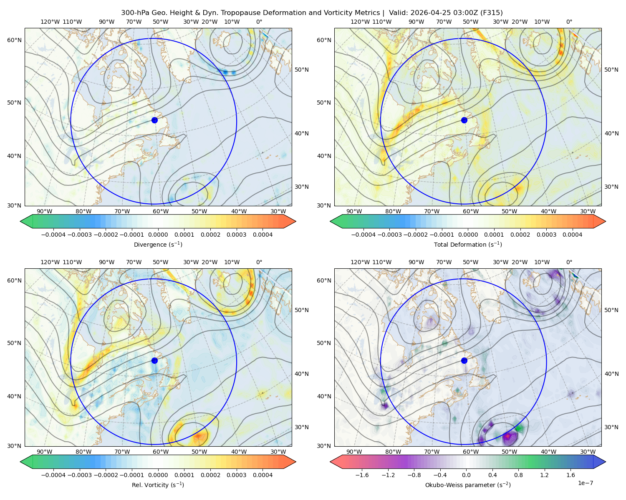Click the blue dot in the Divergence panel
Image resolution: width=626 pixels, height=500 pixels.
pos(154,120)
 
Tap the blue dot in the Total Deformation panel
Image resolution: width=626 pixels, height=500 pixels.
pos(464,120)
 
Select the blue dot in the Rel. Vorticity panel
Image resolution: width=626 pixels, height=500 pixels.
pos(154,360)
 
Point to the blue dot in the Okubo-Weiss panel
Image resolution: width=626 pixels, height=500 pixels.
pos(464,360)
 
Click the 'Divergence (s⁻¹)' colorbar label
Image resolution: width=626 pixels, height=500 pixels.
pos(158,244)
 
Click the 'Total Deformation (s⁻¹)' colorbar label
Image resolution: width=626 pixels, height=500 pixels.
pos(468,244)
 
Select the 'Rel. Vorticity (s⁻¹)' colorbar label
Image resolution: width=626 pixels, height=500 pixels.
pos(158,485)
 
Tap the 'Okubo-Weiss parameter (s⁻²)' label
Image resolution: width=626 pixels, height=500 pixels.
pos(468,485)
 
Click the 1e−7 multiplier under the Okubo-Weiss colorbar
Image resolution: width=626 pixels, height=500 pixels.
pos(585,483)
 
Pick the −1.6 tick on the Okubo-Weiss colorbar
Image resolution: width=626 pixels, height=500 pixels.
pos(362,475)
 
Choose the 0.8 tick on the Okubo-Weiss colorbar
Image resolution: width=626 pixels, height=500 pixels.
pos(518,475)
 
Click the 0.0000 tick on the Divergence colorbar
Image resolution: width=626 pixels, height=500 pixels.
pos(158,235)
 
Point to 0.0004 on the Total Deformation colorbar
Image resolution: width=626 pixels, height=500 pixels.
pos(572,235)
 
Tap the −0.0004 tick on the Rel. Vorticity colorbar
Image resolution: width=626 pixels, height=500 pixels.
pos(53,475)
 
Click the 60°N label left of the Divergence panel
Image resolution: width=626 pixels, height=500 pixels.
pos(14,40)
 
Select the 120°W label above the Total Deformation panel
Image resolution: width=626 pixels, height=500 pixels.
pos(360,22)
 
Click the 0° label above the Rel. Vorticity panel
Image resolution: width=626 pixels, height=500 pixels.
pos(259,262)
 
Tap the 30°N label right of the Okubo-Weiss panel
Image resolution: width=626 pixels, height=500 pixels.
pos(611,427)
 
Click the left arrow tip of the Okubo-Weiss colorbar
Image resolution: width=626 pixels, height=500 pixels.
pos(330,462)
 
